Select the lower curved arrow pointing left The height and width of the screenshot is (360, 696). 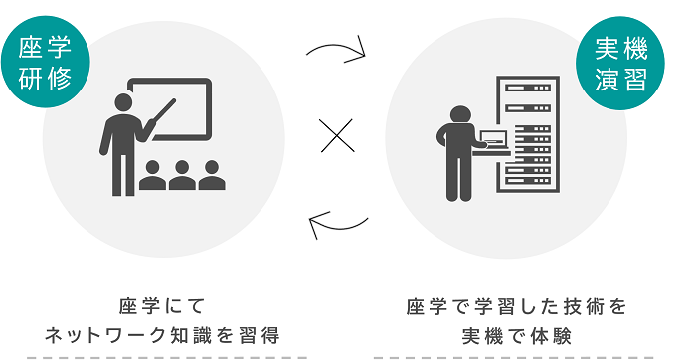[x=337, y=225]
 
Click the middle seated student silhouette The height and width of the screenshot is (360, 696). [x=182, y=176]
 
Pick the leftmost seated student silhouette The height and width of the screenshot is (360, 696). [x=152, y=176]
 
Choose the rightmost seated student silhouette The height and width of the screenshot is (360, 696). [x=212, y=176]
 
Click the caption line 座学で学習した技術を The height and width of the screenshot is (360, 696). [x=518, y=305]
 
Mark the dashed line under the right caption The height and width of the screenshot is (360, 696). [x=518, y=355]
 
